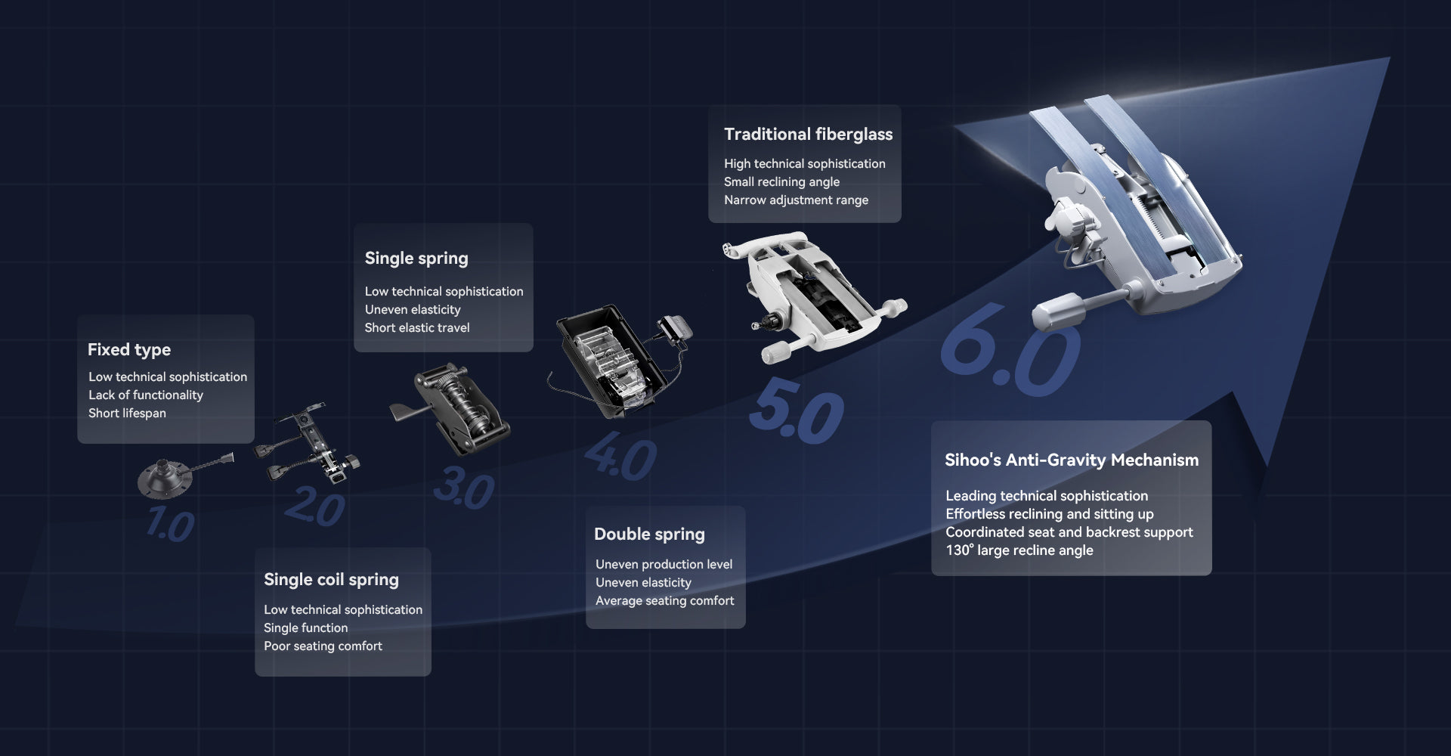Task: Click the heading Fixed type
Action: pyautogui.click(x=129, y=350)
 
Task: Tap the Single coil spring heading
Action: pyautogui.click(x=331, y=580)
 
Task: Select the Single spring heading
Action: pyautogui.click(x=416, y=259)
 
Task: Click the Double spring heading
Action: pyautogui.click(x=649, y=534)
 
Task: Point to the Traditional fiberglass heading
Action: pyautogui.click(x=808, y=135)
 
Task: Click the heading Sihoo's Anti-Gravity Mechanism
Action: pyautogui.click(x=1072, y=460)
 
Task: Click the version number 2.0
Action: pyautogui.click(x=315, y=507)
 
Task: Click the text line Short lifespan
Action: pyautogui.click(x=127, y=414)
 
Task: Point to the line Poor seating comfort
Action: pyautogui.click(x=323, y=646)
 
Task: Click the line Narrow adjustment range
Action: pyautogui.click(x=796, y=200)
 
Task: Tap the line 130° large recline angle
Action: pyautogui.click(x=1019, y=550)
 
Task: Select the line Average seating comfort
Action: pyautogui.click(x=664, y=601)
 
